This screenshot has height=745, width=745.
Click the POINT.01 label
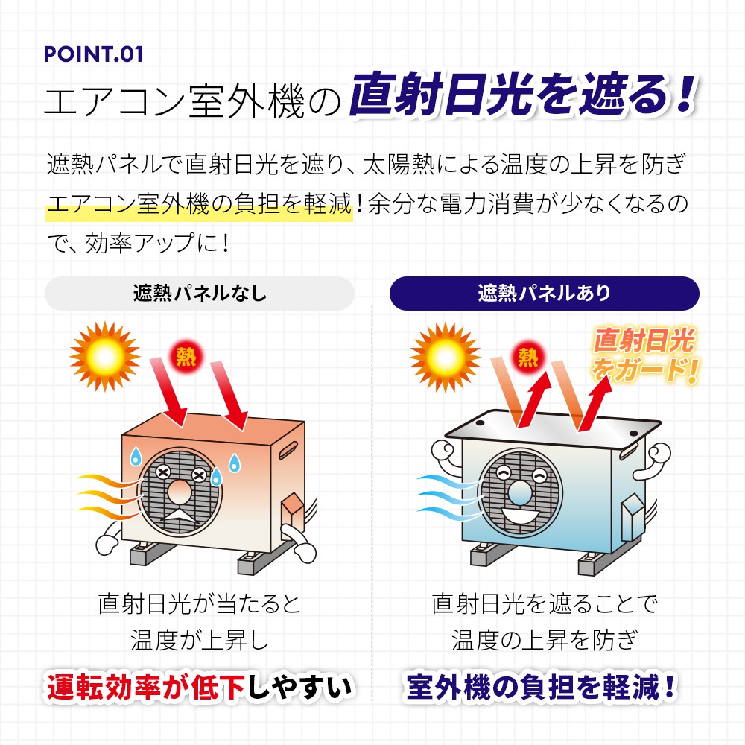(x=93, y=56)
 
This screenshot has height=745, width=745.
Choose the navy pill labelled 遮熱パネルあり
(x=544, y=293)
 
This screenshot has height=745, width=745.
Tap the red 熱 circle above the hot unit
(x=185, y=357)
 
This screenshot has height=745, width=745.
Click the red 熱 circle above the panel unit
(x=527, y=358)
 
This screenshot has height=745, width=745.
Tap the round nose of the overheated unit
(x=180, y=492)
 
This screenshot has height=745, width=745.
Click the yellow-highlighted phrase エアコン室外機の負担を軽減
(x=198, y=204)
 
